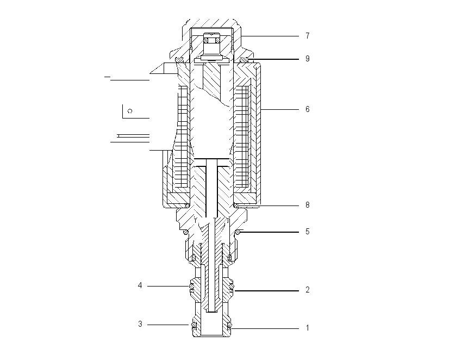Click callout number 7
(308, 36)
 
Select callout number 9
(308, 59)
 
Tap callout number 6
(308, 109)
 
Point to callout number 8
(308, 205)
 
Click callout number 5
(308, 232)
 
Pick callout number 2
(308, 290)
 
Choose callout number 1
(308, 328)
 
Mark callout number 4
(140, 285)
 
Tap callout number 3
(140, 324)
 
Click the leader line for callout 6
(280, 110)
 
